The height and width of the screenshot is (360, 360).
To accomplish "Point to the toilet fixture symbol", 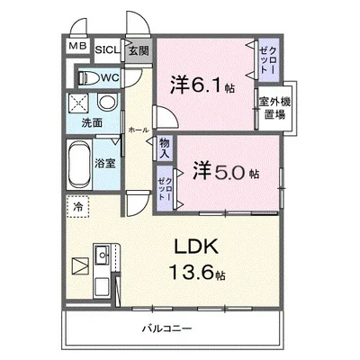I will tap(86, 77).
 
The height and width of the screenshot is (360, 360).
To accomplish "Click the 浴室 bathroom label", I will tap(105, 163).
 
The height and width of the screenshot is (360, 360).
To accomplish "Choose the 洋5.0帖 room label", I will tap(225, 171).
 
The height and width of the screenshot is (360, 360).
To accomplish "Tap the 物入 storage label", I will tap(166, 148).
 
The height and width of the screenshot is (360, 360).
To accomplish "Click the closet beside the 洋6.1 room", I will tap(268, 59).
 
